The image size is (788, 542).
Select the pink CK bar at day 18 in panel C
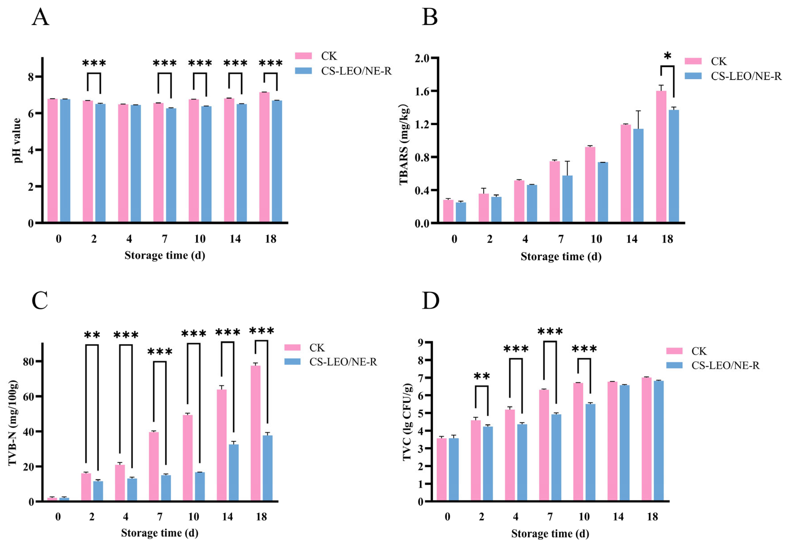tap(255, 433)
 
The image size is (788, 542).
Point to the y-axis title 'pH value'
tap(17, 140)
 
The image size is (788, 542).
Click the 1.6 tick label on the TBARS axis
tap(422, 91)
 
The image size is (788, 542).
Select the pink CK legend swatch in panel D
tap(674, 351)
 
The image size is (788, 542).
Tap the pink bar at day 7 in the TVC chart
tap(544, 445)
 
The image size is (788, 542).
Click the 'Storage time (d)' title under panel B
tap(561, 257)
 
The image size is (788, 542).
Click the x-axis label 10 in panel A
tap(200, 239)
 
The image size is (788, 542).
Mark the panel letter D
tap(430, 301)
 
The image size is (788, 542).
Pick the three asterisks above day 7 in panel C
tap(160, 352)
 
